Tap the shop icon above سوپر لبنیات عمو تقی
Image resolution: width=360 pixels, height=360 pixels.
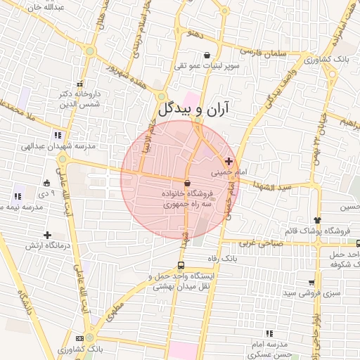[207, 55]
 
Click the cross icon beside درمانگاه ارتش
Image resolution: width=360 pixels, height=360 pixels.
[46, 235]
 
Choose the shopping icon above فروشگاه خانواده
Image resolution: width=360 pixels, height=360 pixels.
[186, 183]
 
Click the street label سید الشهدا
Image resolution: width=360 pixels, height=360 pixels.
[274, 187]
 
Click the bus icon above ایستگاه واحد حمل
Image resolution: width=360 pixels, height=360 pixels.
[181, 266]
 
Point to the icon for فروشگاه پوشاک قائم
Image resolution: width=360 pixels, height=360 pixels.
[318, 220]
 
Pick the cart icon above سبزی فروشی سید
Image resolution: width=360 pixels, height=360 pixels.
[311, 282]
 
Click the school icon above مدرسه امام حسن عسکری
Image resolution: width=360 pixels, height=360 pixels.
[269, 333]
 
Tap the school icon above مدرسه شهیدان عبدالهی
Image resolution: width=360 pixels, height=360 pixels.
[56, 135]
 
